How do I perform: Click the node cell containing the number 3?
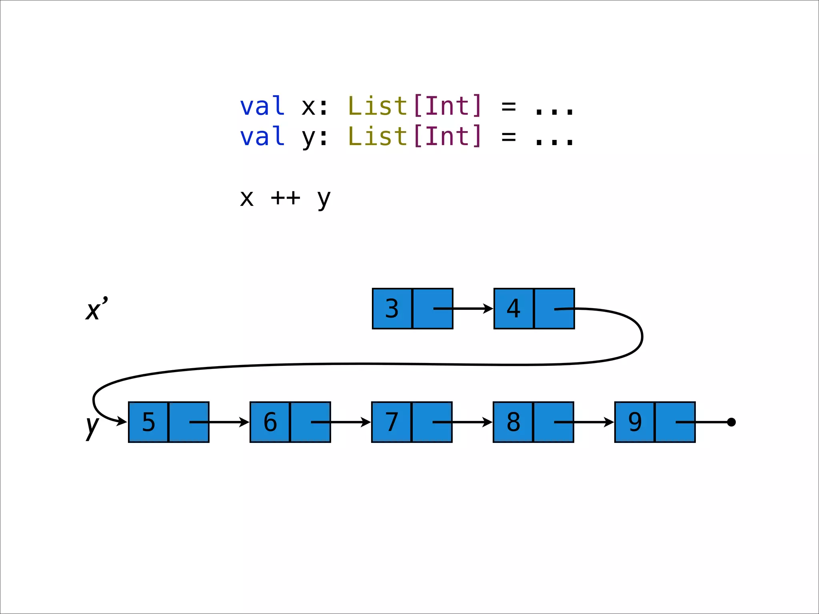point(392,309)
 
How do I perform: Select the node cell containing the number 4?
point(513,309)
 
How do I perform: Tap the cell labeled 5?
point(148,422)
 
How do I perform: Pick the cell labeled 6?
point(270,422)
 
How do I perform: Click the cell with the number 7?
point(392,422)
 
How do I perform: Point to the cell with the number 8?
point(513,422)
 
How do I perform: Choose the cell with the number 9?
point(635,422)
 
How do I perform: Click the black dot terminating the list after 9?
point(731,422)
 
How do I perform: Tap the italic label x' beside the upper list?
point(96,309)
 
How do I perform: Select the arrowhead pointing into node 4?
point(489,309)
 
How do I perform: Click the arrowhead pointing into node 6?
point(244,422)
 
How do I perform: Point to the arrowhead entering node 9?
point(609,422)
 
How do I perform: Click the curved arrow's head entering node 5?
point(122,421)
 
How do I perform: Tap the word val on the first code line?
point(262,106)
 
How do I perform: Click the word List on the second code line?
point(378,137)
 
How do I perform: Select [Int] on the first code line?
point(447,106)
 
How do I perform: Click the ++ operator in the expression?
point(285,198)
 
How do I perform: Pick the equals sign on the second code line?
point(508,137)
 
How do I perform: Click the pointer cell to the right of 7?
point(432,422)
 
